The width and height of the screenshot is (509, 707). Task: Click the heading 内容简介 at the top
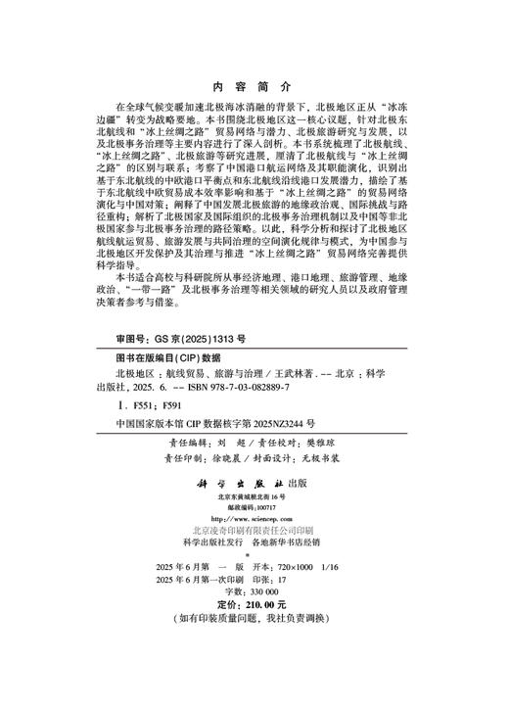pos(254,80)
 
